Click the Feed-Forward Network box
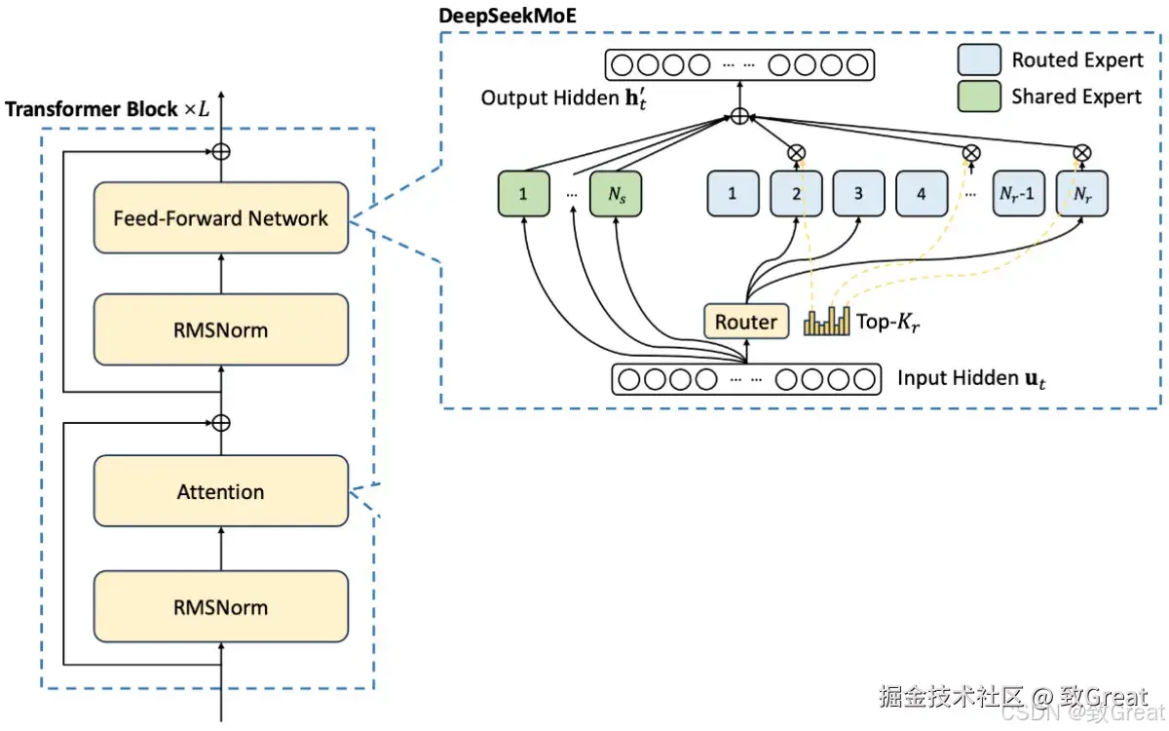coord(220,218)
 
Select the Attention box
coord(220,492)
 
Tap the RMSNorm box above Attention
coord(220,329)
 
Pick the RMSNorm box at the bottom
coord(220,607)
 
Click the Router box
coord(746,322)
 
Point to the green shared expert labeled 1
coord(523,193)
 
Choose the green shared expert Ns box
coord(616,193)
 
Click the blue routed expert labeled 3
coord(858,193)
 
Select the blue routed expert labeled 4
coord(921,193)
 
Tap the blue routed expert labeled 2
coord(796,193)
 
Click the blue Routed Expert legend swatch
coord(979,60)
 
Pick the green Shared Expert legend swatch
coord(979,96)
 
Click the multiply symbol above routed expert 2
coord(796,151)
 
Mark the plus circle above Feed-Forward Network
coord(221,151)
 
